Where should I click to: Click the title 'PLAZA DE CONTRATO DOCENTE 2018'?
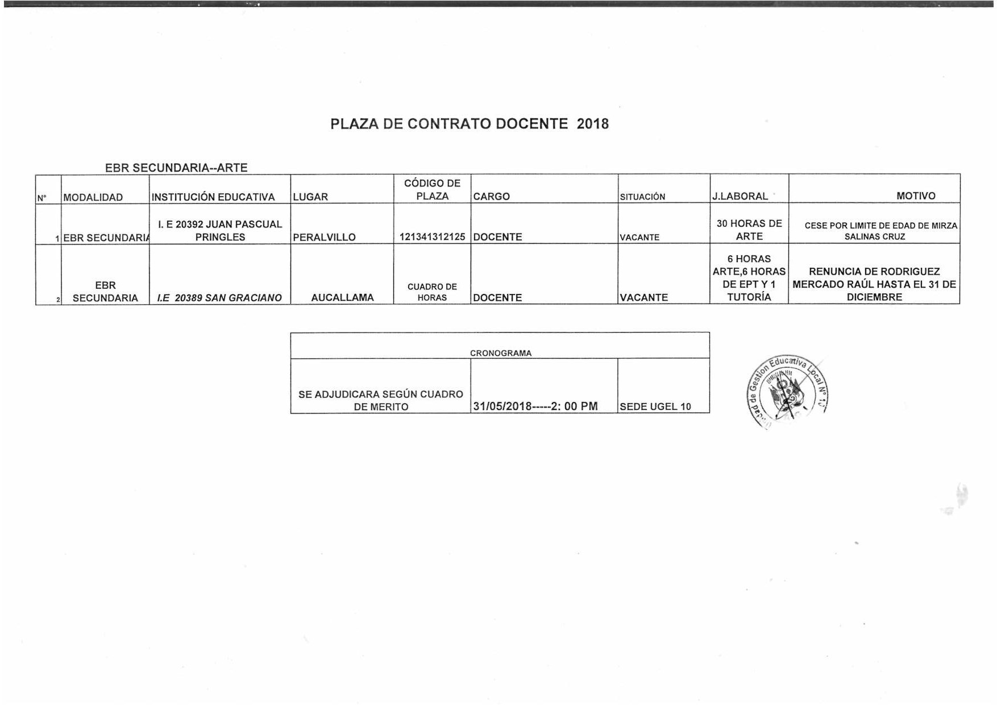click(x=470, y=124)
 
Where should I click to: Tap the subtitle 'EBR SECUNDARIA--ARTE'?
click(x=176, y=168)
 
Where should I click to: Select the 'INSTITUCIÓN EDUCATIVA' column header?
click(x=213, y=197)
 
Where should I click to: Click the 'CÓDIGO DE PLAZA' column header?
click(x=432, y=189)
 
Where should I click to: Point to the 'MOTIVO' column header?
click(x=916, y=196)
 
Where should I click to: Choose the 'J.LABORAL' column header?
click(x=740, y=196)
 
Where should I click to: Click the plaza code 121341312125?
click(x=432, y=237)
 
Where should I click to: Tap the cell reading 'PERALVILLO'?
click(x=324, y=237)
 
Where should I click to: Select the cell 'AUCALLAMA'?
click(x=342, y=297)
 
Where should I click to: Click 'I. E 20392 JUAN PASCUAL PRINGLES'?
click(x=220, y=230)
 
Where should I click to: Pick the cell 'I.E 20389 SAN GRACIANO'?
click(x=219, y=297)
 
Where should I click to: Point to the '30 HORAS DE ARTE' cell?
click(x=749, y=230)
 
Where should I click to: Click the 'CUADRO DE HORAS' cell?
click(x=432, y=292)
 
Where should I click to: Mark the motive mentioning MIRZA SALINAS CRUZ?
click(x=875, y=231)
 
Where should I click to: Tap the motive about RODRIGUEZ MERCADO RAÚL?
click(x=874, y=284)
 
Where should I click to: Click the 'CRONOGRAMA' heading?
click(x=501, y=353)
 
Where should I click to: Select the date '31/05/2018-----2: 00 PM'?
click(x=535, y=406)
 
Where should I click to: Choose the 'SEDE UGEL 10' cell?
click(x=655, y=407)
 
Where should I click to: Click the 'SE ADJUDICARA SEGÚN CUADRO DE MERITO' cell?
click(x=381, y=400)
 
